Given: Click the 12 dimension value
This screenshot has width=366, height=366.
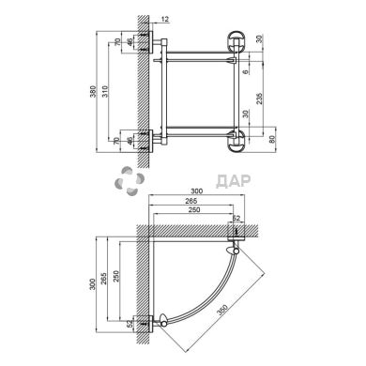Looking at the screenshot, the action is pos(165,20).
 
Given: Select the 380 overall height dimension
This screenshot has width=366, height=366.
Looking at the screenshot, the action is pos(93,91).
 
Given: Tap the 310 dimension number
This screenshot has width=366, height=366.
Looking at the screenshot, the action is pos(105,91).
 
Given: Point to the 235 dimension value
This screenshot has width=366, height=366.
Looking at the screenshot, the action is pos(259,99).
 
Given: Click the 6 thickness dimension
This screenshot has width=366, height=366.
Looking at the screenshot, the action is pos(246,71).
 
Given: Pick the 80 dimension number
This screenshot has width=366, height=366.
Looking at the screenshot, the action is pos(271,140).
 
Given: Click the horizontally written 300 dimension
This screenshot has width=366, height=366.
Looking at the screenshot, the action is pos(197,191).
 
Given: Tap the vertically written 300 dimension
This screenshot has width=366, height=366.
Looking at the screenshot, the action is pos(92,284).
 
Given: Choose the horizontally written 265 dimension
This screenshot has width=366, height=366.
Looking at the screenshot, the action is pos(191,201).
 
